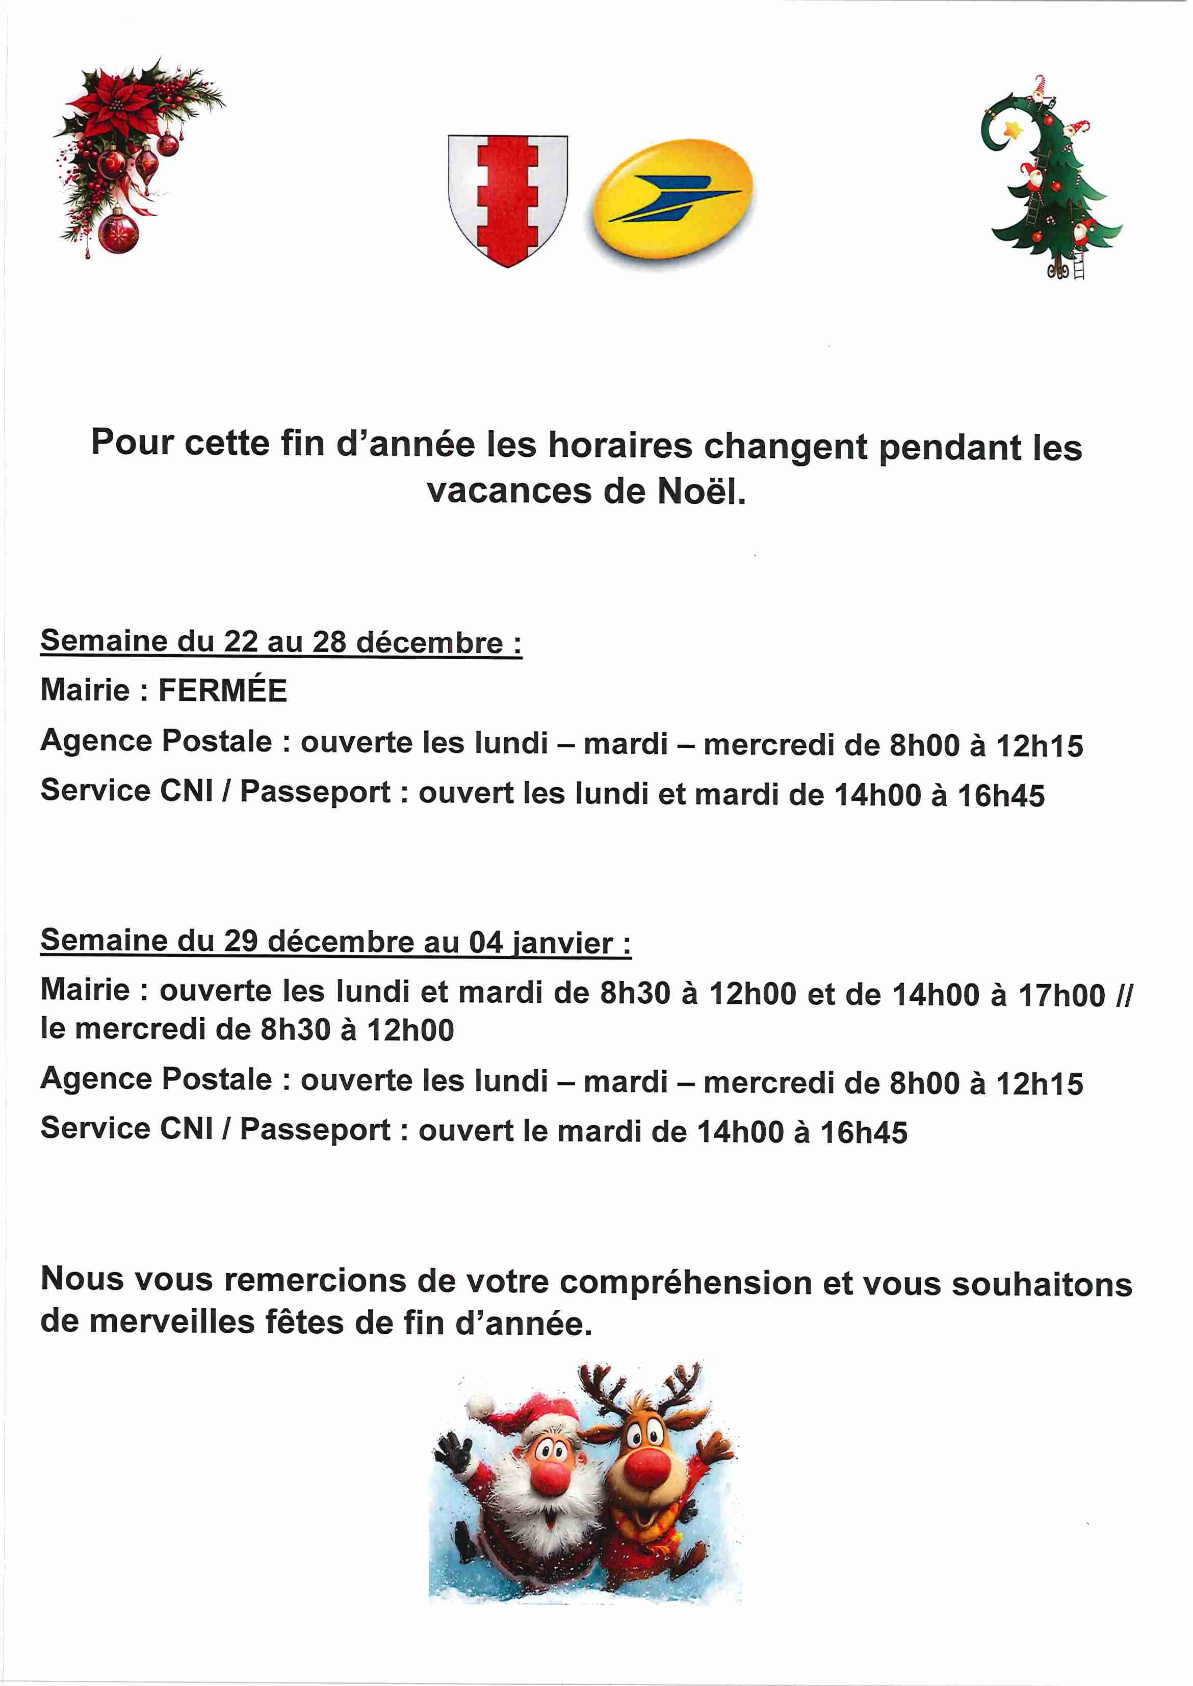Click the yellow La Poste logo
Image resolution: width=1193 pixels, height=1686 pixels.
(671, 198)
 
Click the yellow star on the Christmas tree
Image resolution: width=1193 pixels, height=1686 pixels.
(1015, 131)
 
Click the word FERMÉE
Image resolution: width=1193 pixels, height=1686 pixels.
(223, 691)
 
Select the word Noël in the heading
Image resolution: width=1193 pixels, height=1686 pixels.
(701, 491)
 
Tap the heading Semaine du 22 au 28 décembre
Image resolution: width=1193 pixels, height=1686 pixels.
(280, 641)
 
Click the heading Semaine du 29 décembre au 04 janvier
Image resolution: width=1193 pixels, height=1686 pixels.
(335, 941)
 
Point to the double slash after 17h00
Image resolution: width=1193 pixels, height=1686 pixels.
(1124, 995)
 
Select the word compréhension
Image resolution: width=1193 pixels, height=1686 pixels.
(685, 1282)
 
